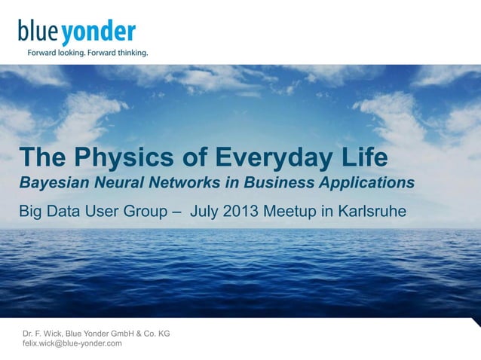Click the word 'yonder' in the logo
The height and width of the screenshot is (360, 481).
coord(99,33)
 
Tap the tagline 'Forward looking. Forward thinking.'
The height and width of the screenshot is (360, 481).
coord(87,53)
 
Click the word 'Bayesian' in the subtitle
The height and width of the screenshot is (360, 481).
coord(51,183)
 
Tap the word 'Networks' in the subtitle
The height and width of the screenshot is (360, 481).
coord(178,182)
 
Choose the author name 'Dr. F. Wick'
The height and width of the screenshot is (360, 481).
coord(43,333)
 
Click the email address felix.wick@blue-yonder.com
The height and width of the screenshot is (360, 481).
coord(72,343)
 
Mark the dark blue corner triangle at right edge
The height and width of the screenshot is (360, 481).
coord(476,322)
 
